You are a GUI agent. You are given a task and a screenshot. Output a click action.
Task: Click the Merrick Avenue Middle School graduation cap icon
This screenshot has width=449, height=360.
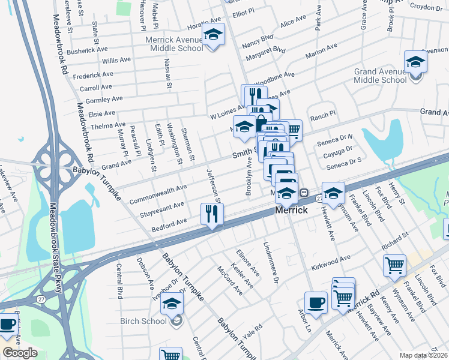213,35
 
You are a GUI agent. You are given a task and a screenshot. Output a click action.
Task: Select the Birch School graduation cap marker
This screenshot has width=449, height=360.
172,304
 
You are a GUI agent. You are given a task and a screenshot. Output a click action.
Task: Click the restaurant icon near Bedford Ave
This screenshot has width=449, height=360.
212,214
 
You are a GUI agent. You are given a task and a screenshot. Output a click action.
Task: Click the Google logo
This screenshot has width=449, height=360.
20,353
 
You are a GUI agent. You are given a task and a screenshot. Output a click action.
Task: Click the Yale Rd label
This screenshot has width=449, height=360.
254,328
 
